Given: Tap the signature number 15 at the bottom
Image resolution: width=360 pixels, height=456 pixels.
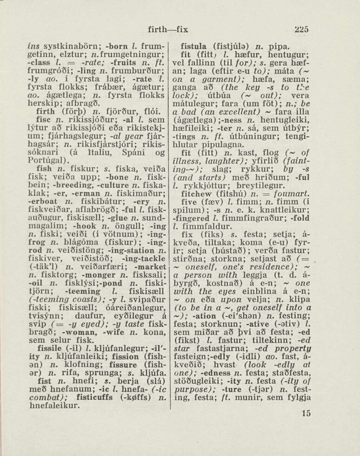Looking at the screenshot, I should (x=306, y=413).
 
